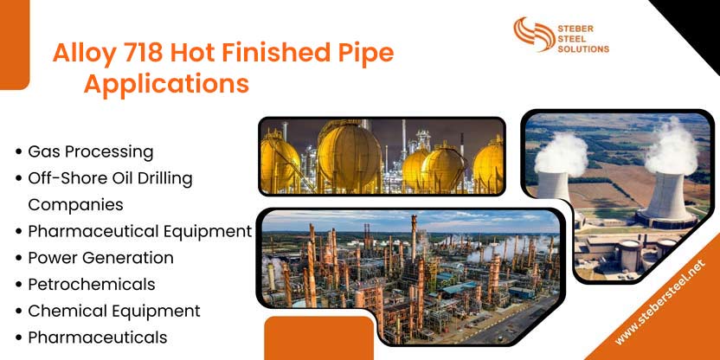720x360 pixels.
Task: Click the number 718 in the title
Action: pos(137,54)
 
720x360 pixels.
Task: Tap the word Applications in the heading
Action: pos(166,85)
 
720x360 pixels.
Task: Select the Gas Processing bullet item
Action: pos(90,151)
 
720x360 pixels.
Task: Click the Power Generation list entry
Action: pos(100,258)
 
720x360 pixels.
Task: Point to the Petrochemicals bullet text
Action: pos(91,284)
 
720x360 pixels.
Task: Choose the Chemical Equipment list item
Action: pos(113,311)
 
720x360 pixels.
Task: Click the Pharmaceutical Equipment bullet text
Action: pos(139,231)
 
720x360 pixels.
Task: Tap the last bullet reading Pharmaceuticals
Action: pos(97,337)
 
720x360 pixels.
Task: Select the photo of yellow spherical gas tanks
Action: pos(382,156)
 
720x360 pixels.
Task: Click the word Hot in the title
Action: pos(193,54)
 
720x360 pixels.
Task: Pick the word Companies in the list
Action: pos(75,205)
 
